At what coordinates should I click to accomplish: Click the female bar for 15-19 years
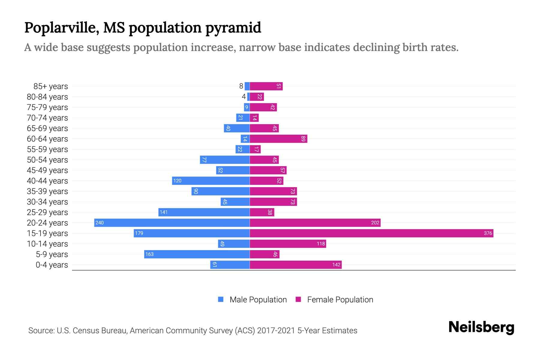click(x=371, y=233)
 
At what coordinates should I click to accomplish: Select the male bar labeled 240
click(x=172, y=223)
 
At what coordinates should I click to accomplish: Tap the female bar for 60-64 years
click(x=278, y=139)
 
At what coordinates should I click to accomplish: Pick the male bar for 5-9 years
click(x=197, y=254)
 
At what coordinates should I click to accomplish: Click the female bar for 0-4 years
click(x=295, y=265)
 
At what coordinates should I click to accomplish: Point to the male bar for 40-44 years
click(x=211, y=181)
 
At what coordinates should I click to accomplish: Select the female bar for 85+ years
click(x=266, y=86)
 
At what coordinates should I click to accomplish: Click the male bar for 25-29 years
click(x=204, y=212)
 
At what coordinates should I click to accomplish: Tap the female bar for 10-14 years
click(x=288, y=244)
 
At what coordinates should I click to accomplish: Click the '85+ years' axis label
click(x=51, y=86)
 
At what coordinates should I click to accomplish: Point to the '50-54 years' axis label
click(x=47, y=160)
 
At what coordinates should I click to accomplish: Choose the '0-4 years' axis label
click(x=52, y=265)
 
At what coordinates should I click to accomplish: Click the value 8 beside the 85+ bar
click(x=241, y=86)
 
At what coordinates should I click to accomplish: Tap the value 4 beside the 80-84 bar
click(x=244, y=97)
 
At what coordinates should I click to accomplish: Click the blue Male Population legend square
click(x=221, y=299)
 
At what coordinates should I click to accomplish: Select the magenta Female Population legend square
click(x=298, y=299)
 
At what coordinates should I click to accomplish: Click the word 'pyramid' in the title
click(x=233, y=28)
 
